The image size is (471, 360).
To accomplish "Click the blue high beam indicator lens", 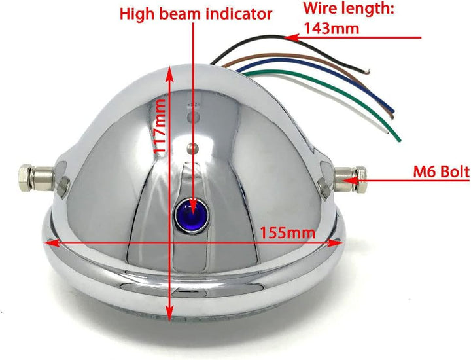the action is coord(191,215).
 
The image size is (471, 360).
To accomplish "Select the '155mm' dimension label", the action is coord(287,232).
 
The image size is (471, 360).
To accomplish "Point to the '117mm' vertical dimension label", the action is coord(159,127).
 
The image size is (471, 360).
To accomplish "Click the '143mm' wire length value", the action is coord(332,29).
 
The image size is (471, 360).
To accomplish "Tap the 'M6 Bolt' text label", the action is coord(441,172).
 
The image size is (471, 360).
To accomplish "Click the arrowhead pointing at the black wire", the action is coord(292,37).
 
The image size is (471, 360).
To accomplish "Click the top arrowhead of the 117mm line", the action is coord(170,73).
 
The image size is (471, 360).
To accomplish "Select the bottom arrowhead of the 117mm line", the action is coord(170,313).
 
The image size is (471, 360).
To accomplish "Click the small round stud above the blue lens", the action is coord(191,147).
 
